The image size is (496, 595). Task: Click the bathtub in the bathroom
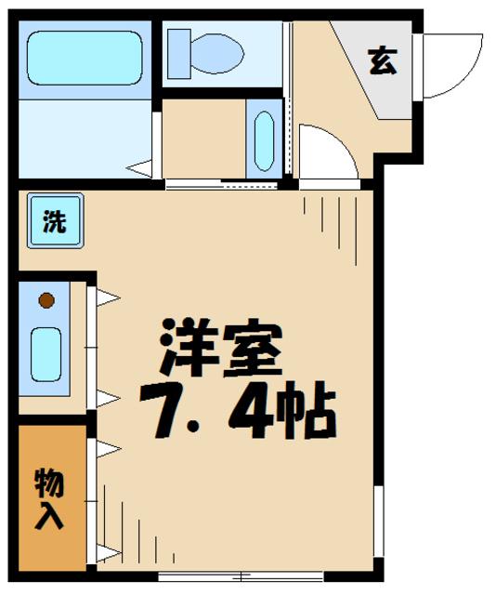pos(83,58)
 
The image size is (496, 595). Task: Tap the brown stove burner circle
pos(46,300)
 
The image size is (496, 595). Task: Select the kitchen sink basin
pos(46,352)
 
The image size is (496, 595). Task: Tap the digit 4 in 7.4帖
pos(253,408)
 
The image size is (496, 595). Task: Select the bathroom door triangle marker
pos(141,168)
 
